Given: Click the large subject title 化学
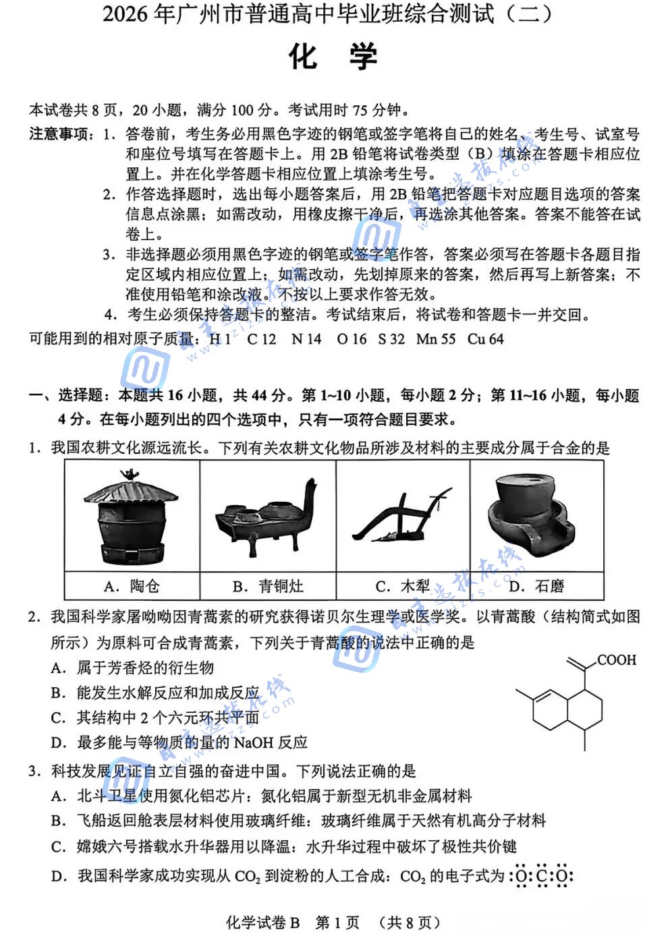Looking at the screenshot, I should point(333,57).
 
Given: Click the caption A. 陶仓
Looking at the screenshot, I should point(132,586).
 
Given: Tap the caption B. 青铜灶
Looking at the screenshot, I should point(267,586).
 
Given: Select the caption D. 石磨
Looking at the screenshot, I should point(536,586).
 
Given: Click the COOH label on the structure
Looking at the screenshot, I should point(616,660).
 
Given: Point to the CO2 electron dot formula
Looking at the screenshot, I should point(543,876).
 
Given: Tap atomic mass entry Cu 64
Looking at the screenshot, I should point(485,339).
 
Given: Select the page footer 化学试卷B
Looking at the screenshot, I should point(262,922).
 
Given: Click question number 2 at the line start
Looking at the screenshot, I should point(35,616).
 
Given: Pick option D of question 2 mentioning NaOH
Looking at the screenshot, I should point(179,742).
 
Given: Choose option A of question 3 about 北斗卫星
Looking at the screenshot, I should point(260,796).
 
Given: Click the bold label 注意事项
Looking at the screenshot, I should point(59,134).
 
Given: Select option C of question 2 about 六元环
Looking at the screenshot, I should point(155,718).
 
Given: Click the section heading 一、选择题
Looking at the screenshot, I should point(67,395).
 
